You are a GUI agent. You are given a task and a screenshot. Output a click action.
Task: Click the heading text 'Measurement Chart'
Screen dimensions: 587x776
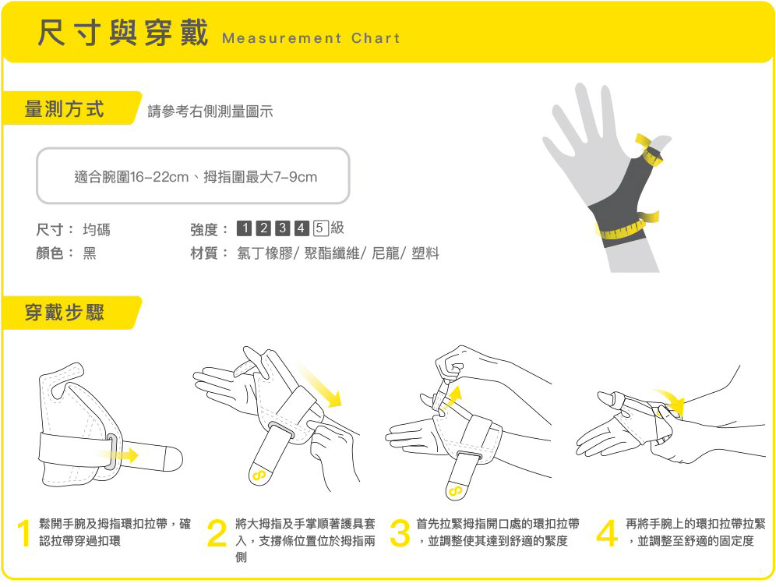[310, 38]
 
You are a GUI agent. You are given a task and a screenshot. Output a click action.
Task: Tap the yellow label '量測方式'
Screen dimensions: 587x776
[65, 109]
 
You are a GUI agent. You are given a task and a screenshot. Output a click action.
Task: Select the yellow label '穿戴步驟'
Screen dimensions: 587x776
[65, 313]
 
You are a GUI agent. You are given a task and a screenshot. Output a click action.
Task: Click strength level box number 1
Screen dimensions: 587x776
[244, 228]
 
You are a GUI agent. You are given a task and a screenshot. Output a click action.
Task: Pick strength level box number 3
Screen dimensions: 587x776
[282, 228]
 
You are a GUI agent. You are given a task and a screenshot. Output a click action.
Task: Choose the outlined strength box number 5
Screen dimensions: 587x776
[320, 228]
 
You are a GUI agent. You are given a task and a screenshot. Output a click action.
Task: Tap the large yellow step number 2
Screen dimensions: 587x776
[217, 535]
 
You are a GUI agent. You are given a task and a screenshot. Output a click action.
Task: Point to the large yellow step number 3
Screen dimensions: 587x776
[399, 533]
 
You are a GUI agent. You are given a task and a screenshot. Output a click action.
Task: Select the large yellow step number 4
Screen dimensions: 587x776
[606, 533]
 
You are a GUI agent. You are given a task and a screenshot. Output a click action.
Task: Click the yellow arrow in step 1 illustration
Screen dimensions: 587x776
[118, 454]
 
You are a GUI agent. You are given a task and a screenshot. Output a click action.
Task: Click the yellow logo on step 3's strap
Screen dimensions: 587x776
[455, 491]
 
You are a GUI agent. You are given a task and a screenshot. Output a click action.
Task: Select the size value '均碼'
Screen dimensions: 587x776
[97, 229]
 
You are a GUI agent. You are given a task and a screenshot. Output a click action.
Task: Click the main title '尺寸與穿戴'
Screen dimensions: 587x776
[122, 34]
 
